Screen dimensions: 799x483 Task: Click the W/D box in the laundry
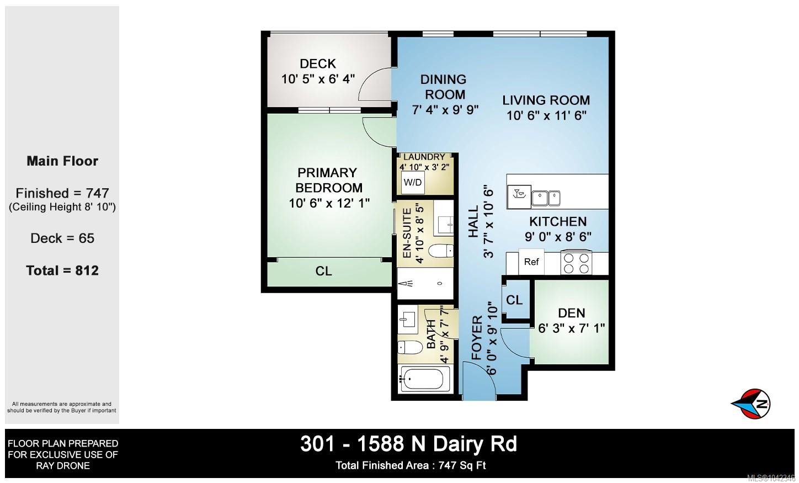[x=413, y=182]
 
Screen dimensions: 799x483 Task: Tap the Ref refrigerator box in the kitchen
[x=531, y=262]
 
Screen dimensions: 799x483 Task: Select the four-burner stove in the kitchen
[x=576, y=263]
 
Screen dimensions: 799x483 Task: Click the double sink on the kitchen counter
[x=546, y=198]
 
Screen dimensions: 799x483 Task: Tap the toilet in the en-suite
[x=441, y=251]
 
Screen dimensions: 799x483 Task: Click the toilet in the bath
[x=410, y=347]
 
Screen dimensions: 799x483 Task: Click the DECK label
[x=317, y=64]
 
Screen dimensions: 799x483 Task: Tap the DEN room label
[x=572, y=313]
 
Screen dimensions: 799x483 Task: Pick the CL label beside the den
[x=514, y=300]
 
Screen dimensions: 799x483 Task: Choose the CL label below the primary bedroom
[x=323, y=271]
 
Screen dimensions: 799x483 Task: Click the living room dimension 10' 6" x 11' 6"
[x=546, y=115]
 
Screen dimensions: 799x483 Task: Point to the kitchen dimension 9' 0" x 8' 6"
[x=558, y=236]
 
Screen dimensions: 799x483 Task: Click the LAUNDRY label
[x=424, y=157]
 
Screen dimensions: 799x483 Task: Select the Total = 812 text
[x=62, y=270]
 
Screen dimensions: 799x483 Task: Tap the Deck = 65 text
[x=62, y=238]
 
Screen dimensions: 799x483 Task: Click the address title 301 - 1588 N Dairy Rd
[x=409, y=444]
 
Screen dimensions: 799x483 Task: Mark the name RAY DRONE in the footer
[x=63, y=466]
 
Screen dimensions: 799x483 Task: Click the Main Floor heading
[x=62, y=161]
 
